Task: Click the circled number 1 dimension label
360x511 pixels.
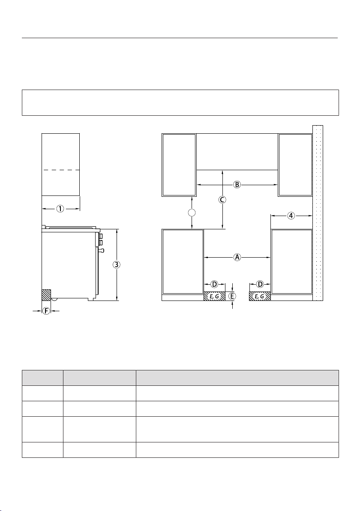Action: (60, 209)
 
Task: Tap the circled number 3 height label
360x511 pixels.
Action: (117, 265)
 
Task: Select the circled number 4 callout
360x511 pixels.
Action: (291, 215)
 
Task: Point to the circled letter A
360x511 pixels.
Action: (237, 257)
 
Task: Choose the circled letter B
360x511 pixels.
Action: (237, 185)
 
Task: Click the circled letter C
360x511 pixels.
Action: (222, 199)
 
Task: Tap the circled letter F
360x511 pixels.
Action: (46, 311)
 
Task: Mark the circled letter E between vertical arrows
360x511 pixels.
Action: (232, 296)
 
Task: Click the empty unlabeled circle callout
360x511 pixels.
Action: (192, 213)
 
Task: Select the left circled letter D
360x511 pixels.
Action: (214, 285)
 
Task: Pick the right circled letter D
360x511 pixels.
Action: (260, 285)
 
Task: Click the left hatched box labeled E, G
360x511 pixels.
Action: (215, 296)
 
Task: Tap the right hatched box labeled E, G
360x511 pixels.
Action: (260, 296)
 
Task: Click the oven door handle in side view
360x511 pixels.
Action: (101, 250)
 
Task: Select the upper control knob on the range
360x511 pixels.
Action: (101, 236)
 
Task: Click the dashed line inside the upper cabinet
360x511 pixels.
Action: (60, 170)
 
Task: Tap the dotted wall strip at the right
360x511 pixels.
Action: (318, 213)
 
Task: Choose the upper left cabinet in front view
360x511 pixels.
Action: (179, 165)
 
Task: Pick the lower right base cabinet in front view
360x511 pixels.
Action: (292, 262)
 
